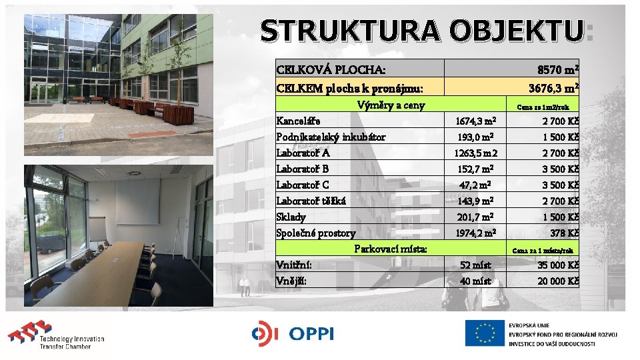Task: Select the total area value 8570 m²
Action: [557, 69]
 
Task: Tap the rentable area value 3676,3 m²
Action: [553, 88]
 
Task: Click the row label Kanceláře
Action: [298, 121]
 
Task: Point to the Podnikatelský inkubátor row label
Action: [331, 137]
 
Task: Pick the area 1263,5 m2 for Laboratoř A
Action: [475, 153]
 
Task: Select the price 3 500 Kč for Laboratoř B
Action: [558, 169]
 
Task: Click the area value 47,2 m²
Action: [475, 185]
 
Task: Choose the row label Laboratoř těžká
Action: [311, 201]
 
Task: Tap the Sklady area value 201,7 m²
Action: [475, 217]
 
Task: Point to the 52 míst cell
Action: [475, 265]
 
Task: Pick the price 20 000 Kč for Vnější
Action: [557, 281]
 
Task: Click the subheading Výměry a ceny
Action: [391, 105]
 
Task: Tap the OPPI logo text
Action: [310, 333]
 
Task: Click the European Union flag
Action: [485, 333]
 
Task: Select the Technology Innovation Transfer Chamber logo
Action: [56, 336]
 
